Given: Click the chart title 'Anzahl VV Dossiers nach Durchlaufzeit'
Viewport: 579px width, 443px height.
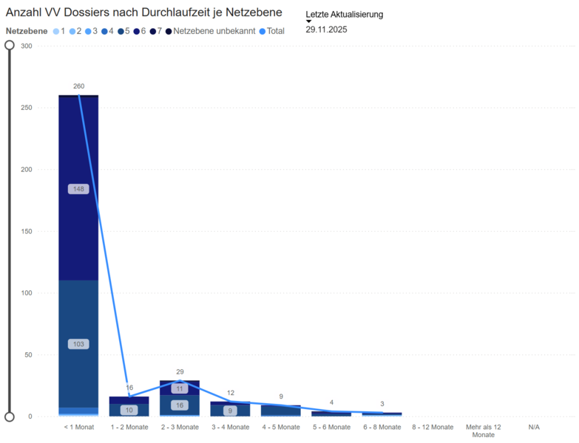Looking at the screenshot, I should coord(144,13).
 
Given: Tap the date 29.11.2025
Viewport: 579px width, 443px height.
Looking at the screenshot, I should coord(326,30).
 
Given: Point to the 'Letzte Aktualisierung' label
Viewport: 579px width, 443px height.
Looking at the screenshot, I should coord(344,14).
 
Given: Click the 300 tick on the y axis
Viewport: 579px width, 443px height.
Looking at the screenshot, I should coord(27,46).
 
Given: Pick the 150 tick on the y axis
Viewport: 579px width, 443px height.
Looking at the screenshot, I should coord(27,231).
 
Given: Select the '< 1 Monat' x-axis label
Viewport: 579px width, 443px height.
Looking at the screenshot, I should coord(79,427).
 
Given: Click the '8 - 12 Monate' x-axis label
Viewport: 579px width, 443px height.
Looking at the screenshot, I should coord(432,427).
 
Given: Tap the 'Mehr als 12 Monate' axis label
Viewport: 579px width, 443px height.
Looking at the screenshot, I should coord(483,431).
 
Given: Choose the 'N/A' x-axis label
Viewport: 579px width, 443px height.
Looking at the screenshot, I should coord(533,427).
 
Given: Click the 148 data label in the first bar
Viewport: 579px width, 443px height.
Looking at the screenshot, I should coord(78,189).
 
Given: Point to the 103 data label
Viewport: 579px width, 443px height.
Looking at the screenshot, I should coord(78,344).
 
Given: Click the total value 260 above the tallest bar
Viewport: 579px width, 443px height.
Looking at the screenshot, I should coord(79,86).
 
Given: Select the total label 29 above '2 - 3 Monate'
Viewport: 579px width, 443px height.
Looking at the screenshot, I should coord(180,371).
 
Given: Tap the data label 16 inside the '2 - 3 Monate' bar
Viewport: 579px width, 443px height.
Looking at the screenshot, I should coord(180,405).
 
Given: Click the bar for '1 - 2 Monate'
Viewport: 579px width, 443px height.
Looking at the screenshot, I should coord(129,407).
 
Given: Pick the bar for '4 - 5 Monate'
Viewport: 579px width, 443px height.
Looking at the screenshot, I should coord(280,411).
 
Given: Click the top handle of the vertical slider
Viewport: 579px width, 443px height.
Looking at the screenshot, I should coord(10,45).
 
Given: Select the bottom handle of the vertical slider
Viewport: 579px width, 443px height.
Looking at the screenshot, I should coord(10,416).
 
